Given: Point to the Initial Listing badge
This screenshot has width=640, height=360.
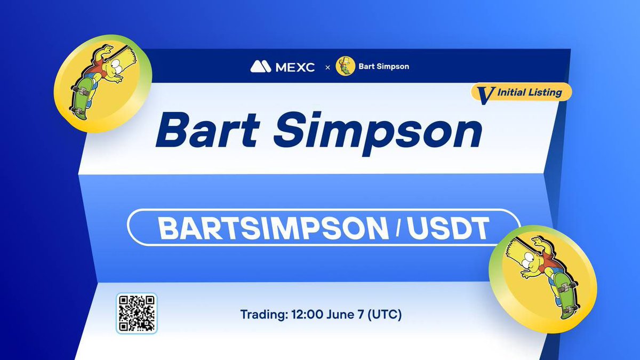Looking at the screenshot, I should tap(522, 92).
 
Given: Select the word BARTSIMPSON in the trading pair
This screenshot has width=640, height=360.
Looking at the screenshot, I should tap(273, 228).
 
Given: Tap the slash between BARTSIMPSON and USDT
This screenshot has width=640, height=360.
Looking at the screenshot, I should tap(398, 228).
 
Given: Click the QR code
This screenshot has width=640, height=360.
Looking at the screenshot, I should tap(137, 313).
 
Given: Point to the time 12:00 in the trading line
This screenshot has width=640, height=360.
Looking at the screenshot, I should tap(305, 314).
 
